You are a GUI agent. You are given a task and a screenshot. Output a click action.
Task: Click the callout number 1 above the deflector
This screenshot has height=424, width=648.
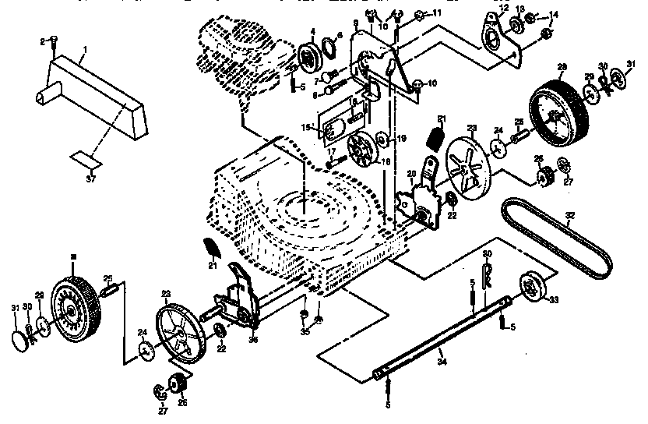click(85, 49)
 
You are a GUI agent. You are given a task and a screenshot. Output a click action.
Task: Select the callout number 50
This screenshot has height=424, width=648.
click(487, 255)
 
